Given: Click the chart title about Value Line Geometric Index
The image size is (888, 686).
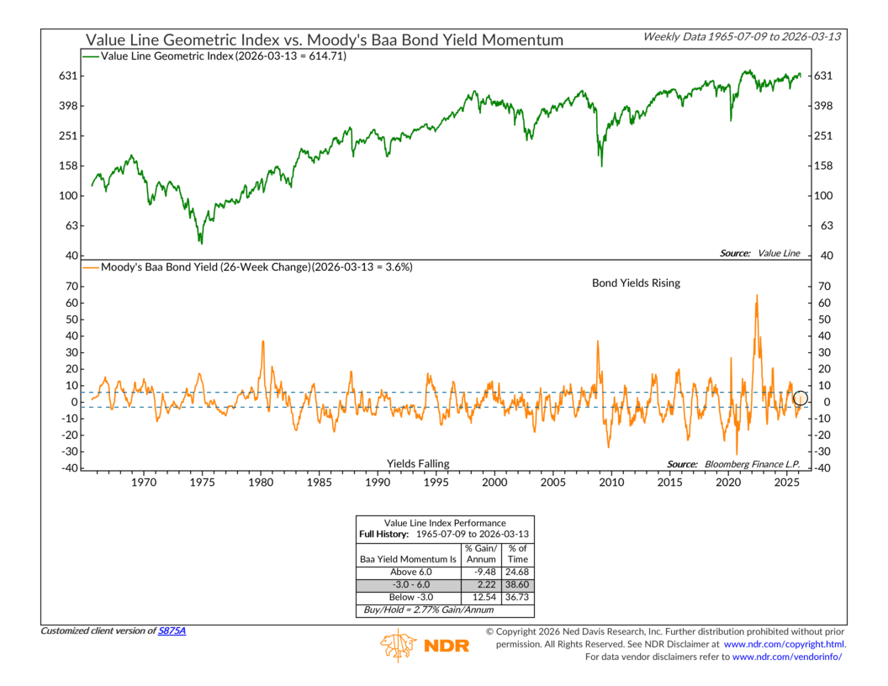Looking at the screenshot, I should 323,40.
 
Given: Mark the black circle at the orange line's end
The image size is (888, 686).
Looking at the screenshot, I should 800,398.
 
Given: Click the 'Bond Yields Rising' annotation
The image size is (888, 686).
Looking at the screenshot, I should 637,283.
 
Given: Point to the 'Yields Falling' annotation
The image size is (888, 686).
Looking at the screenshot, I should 418,463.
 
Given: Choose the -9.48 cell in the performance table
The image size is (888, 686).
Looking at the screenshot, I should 480,572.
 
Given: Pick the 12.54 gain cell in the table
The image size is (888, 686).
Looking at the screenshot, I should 480,595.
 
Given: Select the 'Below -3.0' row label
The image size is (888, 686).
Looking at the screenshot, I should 407,595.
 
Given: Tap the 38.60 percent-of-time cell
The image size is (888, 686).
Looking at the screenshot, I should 516,583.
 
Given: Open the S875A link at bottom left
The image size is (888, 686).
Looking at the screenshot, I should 172,631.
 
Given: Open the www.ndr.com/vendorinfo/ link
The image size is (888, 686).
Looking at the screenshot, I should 787,657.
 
